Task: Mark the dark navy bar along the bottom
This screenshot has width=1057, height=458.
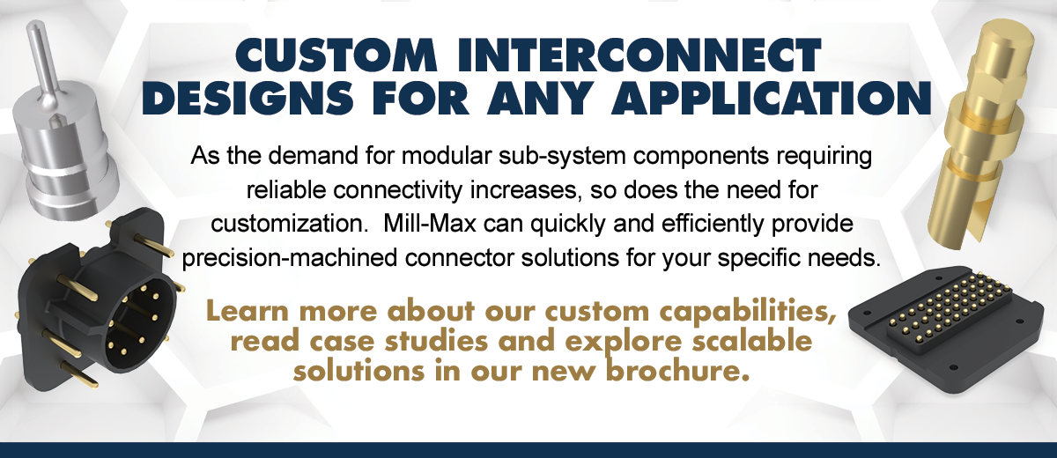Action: click(528, 449)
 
